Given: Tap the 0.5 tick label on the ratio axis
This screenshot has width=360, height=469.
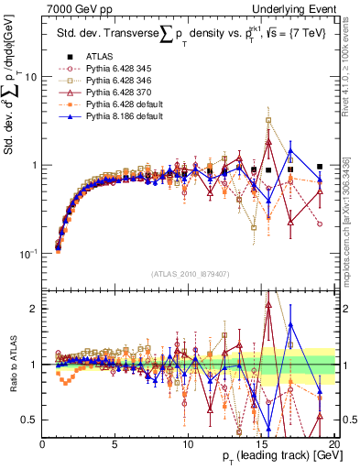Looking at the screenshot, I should coord(28,420).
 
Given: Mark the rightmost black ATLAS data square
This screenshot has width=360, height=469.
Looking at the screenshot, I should coord(320,167).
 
